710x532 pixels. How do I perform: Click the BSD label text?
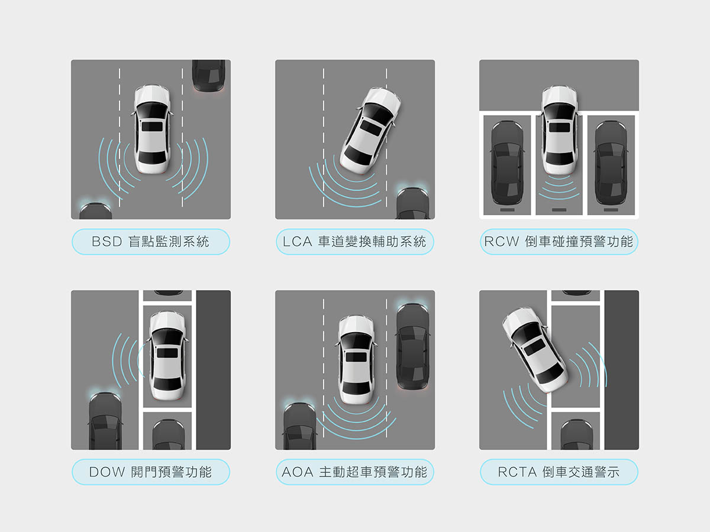pyautogui.click(x=150, y=242)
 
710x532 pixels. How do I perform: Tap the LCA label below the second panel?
pyautogui.click(x=354, y=242)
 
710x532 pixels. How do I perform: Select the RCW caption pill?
pyautogui.click(x=559, y=242)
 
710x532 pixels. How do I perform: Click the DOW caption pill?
pyautogui.click(x=151, y=472)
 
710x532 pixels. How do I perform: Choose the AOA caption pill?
pyautogui.click(x=354, y=472)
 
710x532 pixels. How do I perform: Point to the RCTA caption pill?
pyautogui.click(x=559, y=472)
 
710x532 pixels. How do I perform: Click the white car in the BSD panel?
pyautogui.click(x=151, y=129)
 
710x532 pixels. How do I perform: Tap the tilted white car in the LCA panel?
pyautogui.click(x=371, y=131)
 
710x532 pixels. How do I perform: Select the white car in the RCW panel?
pyautogui.click(x=559, y=131)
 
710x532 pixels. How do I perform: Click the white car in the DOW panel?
pyautogui.click(x=167, y=356)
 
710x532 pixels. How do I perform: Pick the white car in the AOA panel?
pyautogui.click(x=356, y=360)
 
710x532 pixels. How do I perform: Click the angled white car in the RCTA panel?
pyautogui.click(x=535, y=349)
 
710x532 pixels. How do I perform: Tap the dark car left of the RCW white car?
pyautogui.click(x=507, y=163)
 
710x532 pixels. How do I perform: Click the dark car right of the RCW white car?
pyautogui.click(x=611, y=163)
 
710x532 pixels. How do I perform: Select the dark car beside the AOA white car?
pyautogui.click(x=413, y=346)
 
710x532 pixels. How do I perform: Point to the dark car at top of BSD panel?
pyautogui.click(x=208, y=76)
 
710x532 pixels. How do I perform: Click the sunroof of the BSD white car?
pyautogui.click(x=151, y=126)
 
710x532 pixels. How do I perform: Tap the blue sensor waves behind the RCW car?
pyautogui.click(x=559, y=187)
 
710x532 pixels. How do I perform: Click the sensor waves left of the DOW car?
pyautogui.click(x=128, y=360)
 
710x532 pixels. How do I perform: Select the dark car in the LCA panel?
pyautogui.click(x=413, y=203)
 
